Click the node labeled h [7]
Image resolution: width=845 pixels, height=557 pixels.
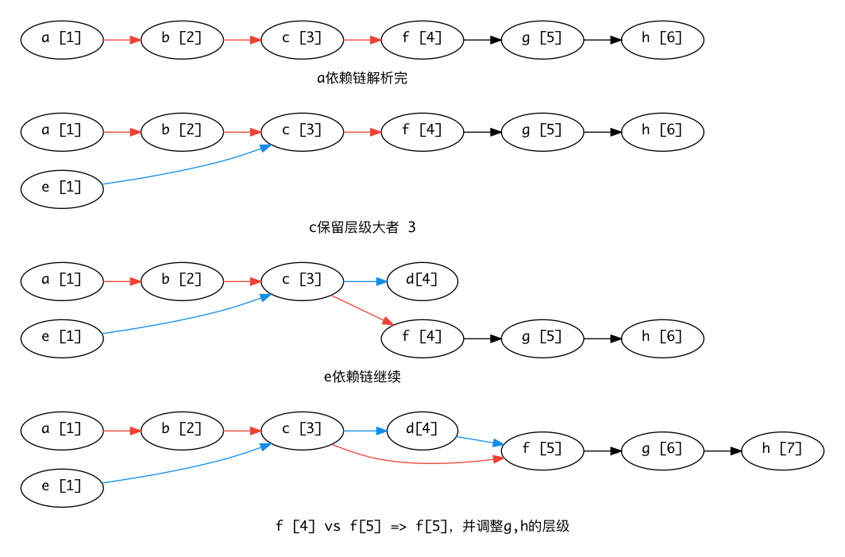point(782,450)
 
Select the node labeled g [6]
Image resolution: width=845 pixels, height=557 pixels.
point(662,450)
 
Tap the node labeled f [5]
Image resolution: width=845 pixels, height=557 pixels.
point(542,450)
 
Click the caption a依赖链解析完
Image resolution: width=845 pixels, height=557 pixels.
point(361,78)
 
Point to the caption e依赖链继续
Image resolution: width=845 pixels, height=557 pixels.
point(361,377)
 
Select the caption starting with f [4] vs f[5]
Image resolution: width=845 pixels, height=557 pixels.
point(422,526)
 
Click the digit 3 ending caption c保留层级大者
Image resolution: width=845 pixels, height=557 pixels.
point(411,228)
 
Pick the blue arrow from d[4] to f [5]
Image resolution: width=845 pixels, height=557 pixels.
point(480,440)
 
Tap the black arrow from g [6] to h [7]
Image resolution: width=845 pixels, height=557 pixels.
point(722,451)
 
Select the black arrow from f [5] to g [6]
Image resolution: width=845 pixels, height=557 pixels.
point(602,451)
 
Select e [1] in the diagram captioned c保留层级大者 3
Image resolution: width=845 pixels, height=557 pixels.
point(62,188)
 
